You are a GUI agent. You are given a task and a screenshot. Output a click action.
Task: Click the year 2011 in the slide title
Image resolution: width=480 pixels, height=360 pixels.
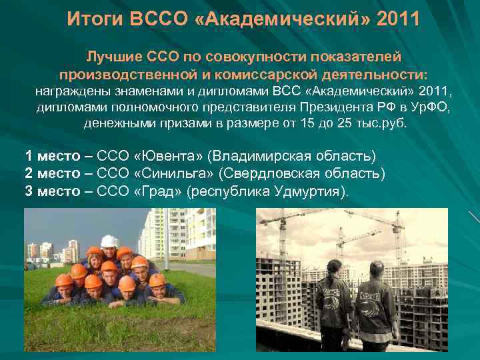point(398,19)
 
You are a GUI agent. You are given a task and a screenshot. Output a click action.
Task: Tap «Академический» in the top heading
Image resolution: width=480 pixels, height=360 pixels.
point(289,19)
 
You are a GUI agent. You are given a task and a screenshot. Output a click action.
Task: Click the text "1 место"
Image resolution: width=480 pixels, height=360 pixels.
point(54,156)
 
